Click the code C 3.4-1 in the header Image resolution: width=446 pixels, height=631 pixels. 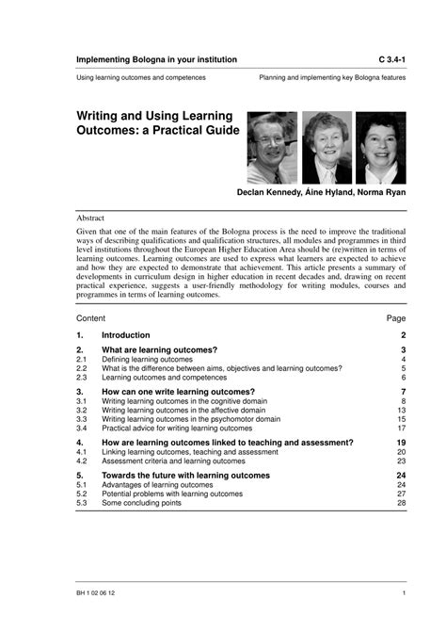[x=386, y=59]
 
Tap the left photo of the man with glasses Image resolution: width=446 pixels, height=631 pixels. [x=273, y=148]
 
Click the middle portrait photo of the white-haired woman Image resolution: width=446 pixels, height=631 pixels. [x=327, y=148]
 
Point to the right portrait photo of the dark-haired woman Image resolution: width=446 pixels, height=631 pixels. [x=380, y=148]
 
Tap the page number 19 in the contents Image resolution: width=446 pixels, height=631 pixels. [x=401, y=442]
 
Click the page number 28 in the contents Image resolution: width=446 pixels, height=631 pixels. [x=402, y=503]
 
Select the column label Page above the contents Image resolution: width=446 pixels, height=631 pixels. [x=396, y=318]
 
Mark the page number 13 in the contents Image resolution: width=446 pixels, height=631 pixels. [x=402, y=411]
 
